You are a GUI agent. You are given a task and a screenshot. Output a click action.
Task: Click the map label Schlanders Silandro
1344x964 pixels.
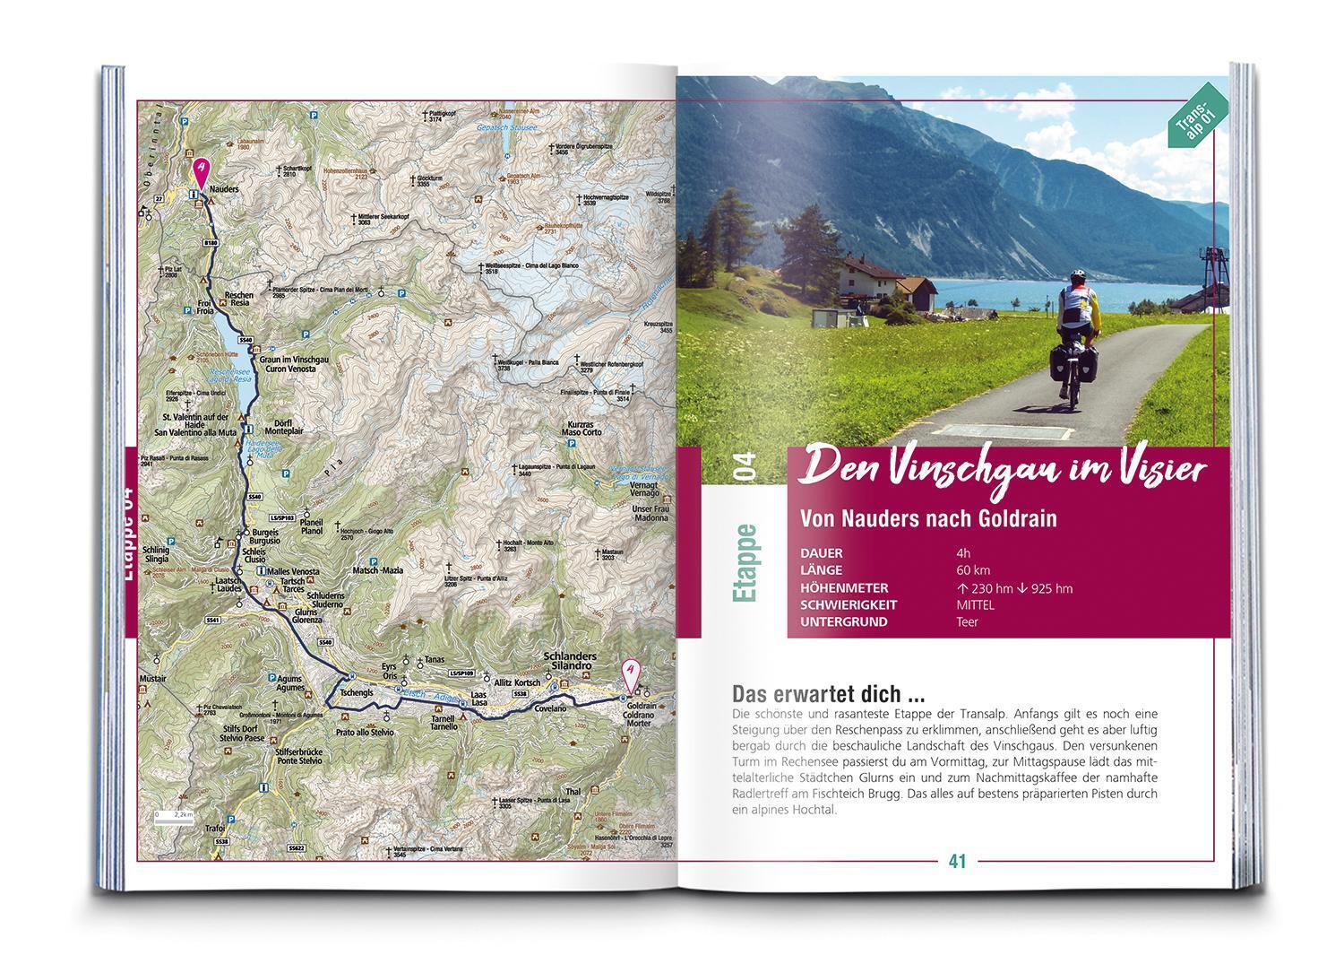(x=570, y=663)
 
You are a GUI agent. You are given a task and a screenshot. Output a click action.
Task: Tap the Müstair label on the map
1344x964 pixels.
(x=152, y=679)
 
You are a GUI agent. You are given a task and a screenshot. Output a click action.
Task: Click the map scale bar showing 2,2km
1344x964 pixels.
(x=173, y=818)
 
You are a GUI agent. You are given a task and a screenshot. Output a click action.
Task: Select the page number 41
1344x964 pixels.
(x=957, y=861)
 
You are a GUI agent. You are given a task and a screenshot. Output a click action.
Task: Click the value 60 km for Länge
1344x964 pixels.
(x=973, y=570)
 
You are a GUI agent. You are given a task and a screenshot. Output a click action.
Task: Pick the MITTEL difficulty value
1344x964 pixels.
(x=975, y=604)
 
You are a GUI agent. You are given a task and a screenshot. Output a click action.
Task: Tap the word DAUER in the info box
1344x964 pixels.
(x=821, y=553)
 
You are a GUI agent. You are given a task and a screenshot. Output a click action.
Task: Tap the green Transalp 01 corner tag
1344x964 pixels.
(x=1196, y=114)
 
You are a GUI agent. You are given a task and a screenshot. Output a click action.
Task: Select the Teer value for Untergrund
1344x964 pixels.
(x=966, y=621)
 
